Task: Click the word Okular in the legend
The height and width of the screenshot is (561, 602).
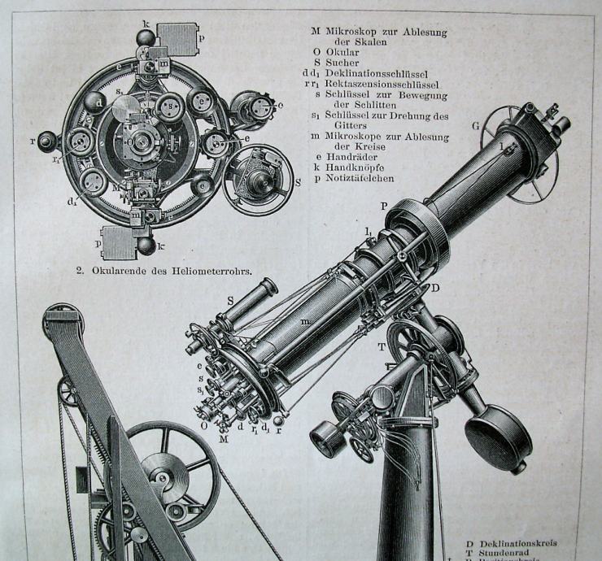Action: click(x=342, y=52)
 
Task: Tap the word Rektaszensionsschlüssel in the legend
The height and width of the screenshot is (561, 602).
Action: click(x=382, y=84)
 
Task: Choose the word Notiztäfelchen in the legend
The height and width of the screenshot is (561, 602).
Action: click(x=361, y=177)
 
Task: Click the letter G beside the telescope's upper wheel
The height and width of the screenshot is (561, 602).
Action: click(x=475, y=126)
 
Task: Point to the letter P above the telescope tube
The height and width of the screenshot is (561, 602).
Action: click(x=383, y=207)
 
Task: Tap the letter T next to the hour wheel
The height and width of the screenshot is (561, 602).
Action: click(x=381, y=346)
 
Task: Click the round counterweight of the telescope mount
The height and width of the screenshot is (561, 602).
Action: click(x=497, y=437)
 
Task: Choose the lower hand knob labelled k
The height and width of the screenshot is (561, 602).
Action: click(x=146, y=246)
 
